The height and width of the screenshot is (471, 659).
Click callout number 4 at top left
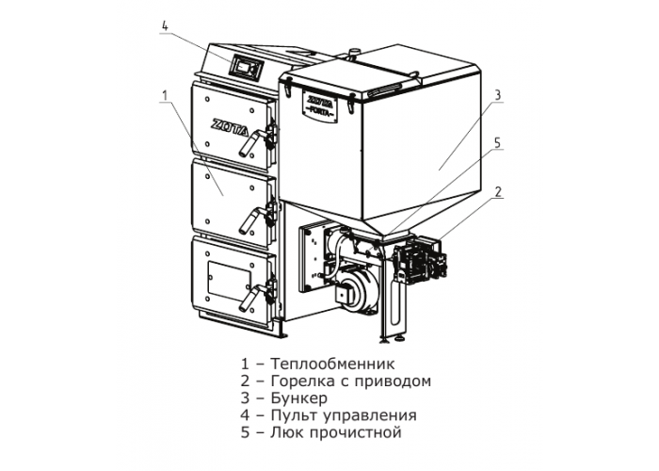165,26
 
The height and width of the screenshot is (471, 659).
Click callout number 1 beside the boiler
165,95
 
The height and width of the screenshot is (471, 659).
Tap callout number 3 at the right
498,94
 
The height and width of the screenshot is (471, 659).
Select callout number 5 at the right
498,142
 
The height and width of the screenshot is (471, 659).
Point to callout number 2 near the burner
498,192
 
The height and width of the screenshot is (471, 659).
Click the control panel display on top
246,67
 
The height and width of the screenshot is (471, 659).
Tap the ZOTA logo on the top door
228,125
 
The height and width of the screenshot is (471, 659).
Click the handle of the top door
252,142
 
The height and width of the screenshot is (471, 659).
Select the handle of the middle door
252,219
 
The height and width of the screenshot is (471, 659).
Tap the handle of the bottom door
252,297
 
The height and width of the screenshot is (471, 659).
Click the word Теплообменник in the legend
332,364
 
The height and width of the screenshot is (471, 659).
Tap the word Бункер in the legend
298,398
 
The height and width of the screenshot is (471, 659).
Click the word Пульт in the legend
295,415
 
